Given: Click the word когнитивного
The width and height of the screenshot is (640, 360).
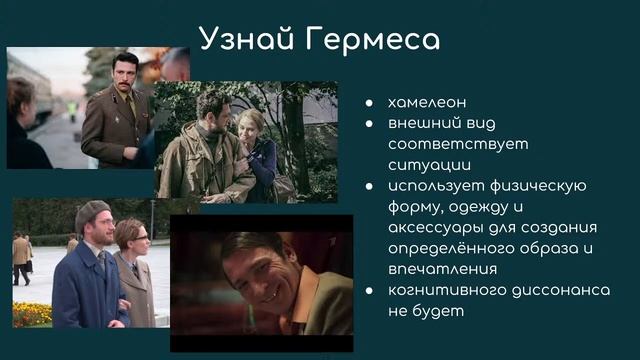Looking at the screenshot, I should click(445, 290).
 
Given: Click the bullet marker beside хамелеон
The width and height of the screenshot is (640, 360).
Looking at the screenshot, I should click(370, 103).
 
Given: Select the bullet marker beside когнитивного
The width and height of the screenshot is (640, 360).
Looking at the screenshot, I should click(370, 291).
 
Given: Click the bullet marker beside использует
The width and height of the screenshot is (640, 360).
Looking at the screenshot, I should click(370, 186).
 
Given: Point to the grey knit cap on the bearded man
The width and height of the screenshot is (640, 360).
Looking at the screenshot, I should click(91, 214).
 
